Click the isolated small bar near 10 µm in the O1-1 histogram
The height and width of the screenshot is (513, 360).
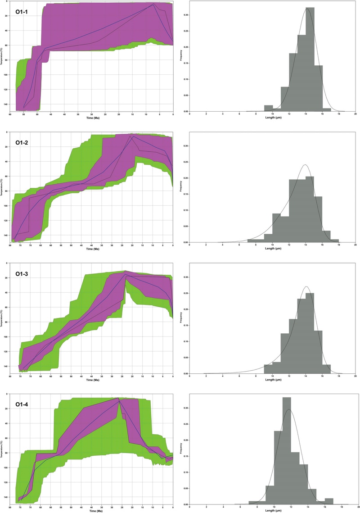pyautogui.click(x=268, y=108)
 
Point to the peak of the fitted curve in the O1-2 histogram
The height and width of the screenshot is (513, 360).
pyautogui.click(x=306, y=165)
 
